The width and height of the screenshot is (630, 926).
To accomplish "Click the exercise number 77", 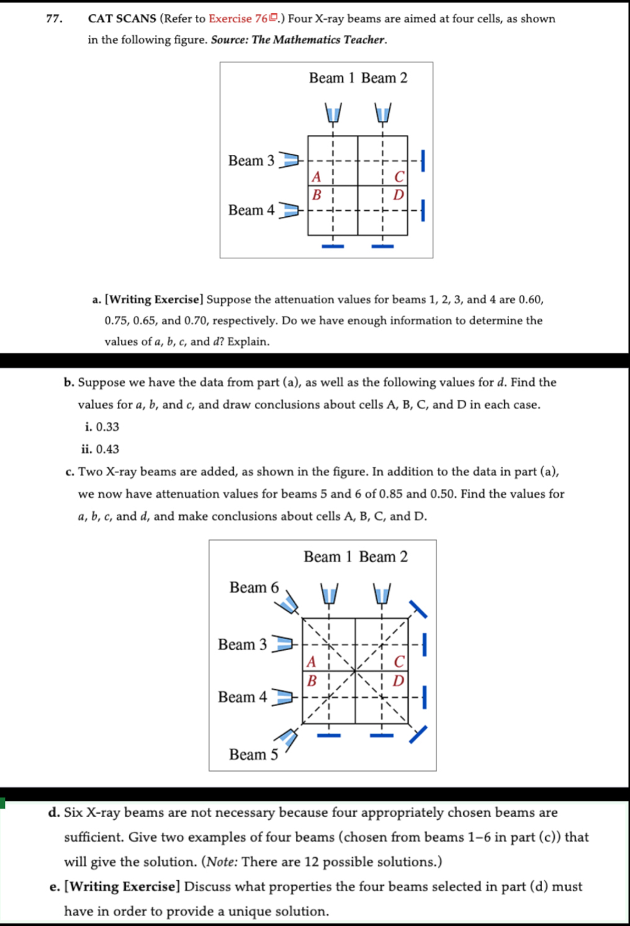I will [54, 19].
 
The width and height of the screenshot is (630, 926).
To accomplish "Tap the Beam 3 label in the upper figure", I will [251, 161].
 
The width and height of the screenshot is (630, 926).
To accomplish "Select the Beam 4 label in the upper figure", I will [251, 211].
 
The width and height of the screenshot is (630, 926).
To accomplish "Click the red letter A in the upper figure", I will [316, 177].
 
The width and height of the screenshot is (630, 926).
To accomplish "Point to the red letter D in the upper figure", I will [399, 195].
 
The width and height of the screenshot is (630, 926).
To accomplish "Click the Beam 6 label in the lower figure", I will [254, 588].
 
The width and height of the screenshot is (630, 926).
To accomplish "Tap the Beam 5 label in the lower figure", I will [254, 755].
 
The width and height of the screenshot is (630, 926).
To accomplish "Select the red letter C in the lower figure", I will [399, 662].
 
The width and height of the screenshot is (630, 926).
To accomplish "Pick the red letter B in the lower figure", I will [312, 681].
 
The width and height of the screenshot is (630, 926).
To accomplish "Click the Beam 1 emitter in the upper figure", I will [333, 113].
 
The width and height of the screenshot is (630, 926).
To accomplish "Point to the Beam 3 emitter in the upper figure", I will [288, 161].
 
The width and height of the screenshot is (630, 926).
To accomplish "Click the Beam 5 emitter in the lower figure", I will [286, 738].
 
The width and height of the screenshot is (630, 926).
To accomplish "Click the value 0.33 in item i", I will [107, 427].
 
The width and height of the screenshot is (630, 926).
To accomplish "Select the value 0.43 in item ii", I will [107, 449].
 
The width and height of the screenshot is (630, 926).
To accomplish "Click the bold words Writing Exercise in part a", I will [154, 300].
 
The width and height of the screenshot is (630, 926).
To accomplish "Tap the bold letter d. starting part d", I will [54, 813].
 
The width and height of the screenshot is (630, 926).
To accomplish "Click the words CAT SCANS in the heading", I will [122, 19].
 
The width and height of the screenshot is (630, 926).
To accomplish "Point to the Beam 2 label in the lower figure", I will [383, 557].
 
